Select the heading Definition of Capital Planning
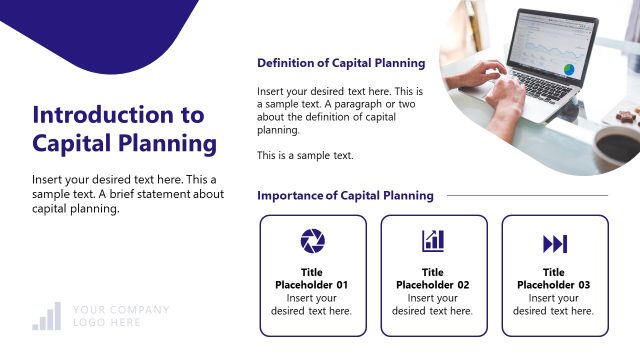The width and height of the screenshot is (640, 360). tap(341, 63)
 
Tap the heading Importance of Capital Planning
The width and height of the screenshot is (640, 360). tap(345, 195)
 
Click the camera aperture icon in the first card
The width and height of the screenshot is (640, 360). tap(312, 241)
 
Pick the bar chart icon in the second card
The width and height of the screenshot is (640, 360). tap(433, 240)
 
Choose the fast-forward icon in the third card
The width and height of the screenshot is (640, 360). tap(554, 243)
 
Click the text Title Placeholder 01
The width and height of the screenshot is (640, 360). tap(312, 278)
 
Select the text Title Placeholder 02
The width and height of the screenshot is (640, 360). tap(433, 278)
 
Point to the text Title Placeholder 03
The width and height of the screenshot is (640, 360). tap(554, 278)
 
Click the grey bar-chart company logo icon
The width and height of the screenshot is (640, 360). tap(46, 316)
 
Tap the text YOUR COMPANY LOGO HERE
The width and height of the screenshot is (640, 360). tap(120, 316)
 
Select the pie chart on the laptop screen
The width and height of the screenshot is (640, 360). tap(569, 69)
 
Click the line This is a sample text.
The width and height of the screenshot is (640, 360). tap(305, 155)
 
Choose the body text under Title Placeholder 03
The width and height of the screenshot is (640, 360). tap(554, 304)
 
